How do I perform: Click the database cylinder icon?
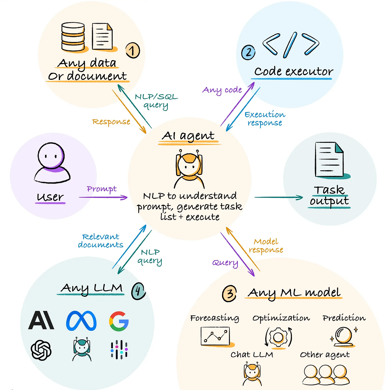[x=73, y=37]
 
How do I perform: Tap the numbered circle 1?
[x=133, y=51]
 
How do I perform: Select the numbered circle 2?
[x=248, y=52]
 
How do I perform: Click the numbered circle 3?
[x=229, y=294]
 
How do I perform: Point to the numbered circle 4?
[x=138, y=291]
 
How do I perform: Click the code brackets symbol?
[x=291, y=45]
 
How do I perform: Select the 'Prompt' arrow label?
[x=102, y=189]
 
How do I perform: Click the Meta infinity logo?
[x=81, y=321]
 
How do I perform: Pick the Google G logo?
[x=119, y=321]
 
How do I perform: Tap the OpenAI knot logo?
[x=41, y=350]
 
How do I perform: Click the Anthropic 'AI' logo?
[x=41, y=321]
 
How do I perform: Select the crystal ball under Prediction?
[x=344, y=337]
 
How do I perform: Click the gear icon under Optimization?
[x=278, y=337]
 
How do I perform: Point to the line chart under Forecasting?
[x=216, y=336]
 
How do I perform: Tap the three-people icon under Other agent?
[x=325, y=375]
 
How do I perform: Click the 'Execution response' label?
[x=265, y=118]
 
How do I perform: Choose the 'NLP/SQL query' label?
[x=156, y=101]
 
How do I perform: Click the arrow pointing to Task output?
[x=278, y=197]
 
